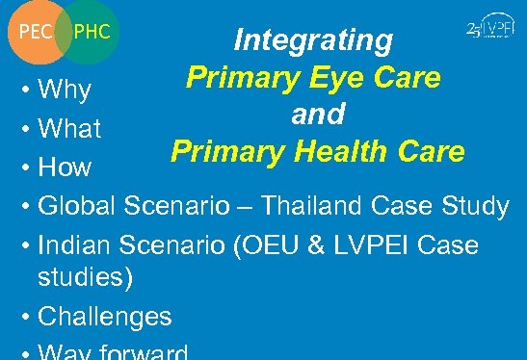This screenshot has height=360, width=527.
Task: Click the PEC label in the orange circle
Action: pyautogui.click(x=35, y=32)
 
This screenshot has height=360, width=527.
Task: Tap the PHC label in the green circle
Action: pyautogui.click(x=92, y=32)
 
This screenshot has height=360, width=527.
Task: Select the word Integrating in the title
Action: pyautogui.click(x=314, y=40)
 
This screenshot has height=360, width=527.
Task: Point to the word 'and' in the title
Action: pyautogui.click(x=318, y=115)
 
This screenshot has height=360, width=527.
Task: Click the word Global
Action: pyautogui.click(x=79, y=206)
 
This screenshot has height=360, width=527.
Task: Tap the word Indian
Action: pyautogui.click(x=75, y=244)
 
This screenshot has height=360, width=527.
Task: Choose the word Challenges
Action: pyautogui.click(x=104, y=316)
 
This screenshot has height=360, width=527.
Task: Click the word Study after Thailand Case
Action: pyautogui.click(x=474, y=206)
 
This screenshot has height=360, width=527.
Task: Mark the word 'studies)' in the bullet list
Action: pyautogui.click(x=87, y=279)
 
